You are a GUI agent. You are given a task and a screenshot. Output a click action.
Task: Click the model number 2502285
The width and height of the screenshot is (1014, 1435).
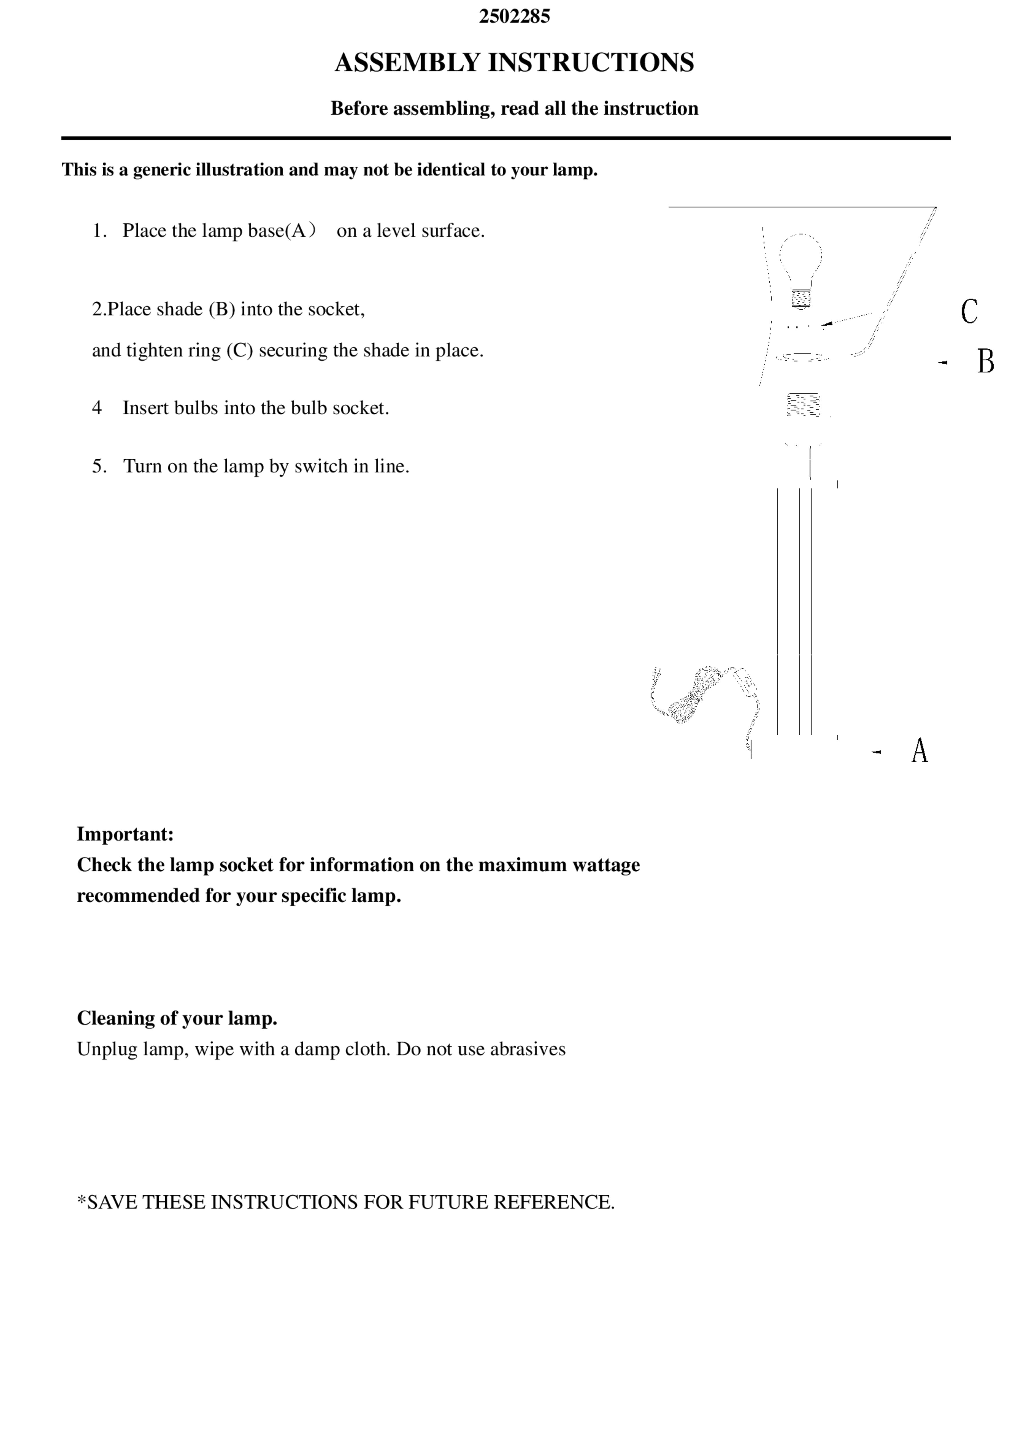[514, 16]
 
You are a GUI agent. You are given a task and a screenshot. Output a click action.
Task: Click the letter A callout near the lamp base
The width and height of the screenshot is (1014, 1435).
[919, 751]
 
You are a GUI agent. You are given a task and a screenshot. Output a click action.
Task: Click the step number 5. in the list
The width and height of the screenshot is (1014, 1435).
[100, 466]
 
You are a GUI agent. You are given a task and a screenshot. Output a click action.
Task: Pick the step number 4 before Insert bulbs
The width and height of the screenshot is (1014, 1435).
[97, 408]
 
